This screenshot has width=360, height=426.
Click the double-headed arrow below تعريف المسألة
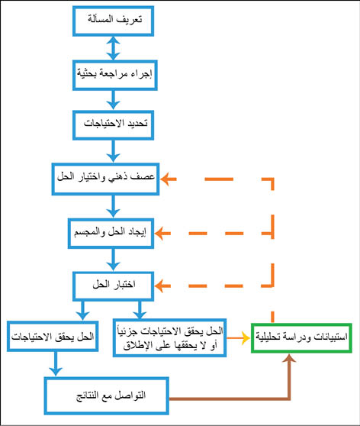[113, 48]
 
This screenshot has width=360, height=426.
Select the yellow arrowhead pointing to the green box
[246, 338]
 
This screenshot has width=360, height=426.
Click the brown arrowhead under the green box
[289, 358]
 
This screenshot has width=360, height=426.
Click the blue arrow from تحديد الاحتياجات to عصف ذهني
[113, 151]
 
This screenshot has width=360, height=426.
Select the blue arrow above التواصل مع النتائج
[56, 364]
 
